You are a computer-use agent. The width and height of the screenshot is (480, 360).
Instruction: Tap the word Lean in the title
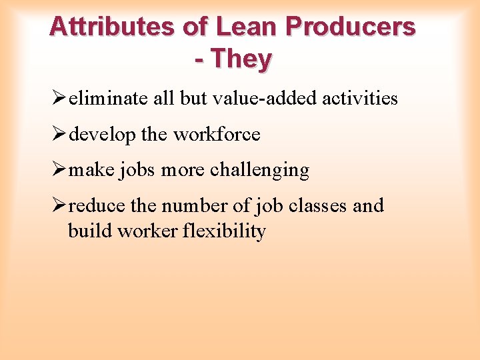pos(247,27)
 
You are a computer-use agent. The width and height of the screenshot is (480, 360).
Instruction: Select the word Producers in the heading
pos(351,27)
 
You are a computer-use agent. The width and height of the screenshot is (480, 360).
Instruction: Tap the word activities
pos(360,99)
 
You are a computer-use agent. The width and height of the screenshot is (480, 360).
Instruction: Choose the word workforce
pos(217,134)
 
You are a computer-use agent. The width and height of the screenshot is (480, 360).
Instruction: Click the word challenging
pos(259,171)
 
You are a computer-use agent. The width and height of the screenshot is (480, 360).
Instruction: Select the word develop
pos(103,135)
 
